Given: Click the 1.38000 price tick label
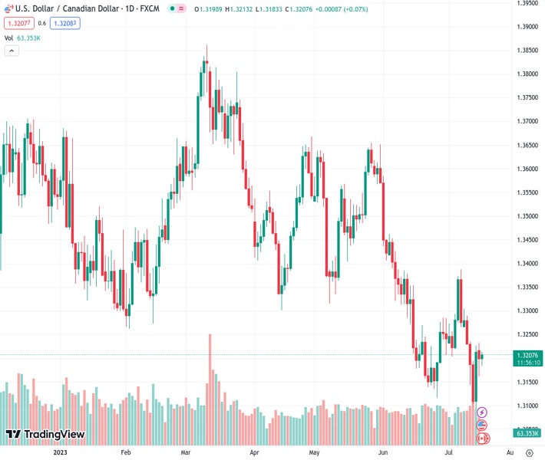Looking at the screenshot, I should coord(527,74).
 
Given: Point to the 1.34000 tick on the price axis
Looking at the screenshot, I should coord(527,264).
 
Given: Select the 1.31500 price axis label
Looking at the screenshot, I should coord(527,382).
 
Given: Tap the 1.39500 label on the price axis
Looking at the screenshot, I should coord(527,3).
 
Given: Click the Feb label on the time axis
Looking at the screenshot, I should coord(127,452).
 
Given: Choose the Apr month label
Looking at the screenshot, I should coord(254,452).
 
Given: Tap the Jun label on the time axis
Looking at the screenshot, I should coord(383,452).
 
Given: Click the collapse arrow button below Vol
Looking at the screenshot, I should coord(12,51).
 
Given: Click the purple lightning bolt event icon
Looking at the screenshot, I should coord(482,412).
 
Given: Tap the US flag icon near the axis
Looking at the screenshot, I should coord(482,426).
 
